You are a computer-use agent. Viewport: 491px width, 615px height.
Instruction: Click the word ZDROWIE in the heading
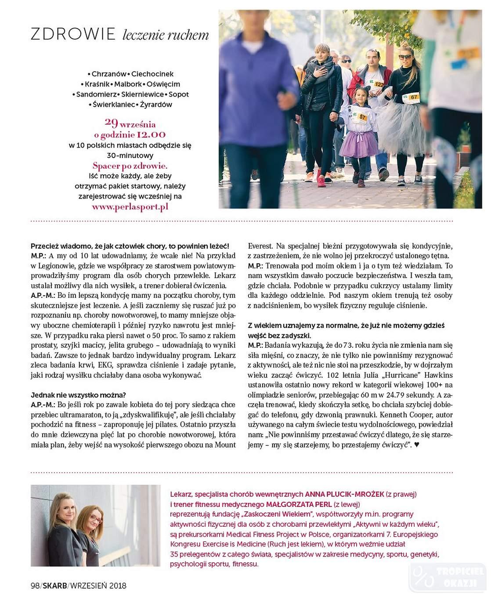(73, 34)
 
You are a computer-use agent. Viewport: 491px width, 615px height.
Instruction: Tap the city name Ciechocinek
(152, 74)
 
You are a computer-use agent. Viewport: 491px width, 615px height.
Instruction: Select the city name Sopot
(179, 94)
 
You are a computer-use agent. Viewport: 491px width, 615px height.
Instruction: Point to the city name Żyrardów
(156, 105)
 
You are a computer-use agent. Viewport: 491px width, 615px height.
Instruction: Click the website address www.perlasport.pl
(130, 207)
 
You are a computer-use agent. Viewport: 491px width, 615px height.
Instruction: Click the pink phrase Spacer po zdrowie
(130, 166)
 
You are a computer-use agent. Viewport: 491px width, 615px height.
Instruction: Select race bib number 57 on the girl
(362, 117)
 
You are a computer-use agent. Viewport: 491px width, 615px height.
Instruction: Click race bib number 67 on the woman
(413, 97)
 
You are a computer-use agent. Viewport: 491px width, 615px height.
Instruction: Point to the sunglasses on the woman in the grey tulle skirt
(405, 57)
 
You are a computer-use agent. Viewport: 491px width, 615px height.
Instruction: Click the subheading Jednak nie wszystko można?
(78, 395)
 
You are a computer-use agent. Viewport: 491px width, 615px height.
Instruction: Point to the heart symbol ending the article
(416, 445)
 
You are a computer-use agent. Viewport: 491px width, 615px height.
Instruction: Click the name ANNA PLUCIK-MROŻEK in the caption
(344, 494)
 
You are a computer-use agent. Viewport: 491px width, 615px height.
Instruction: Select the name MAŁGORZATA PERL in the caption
(299, 504)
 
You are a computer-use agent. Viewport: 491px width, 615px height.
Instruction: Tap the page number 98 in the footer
(35, 586)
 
